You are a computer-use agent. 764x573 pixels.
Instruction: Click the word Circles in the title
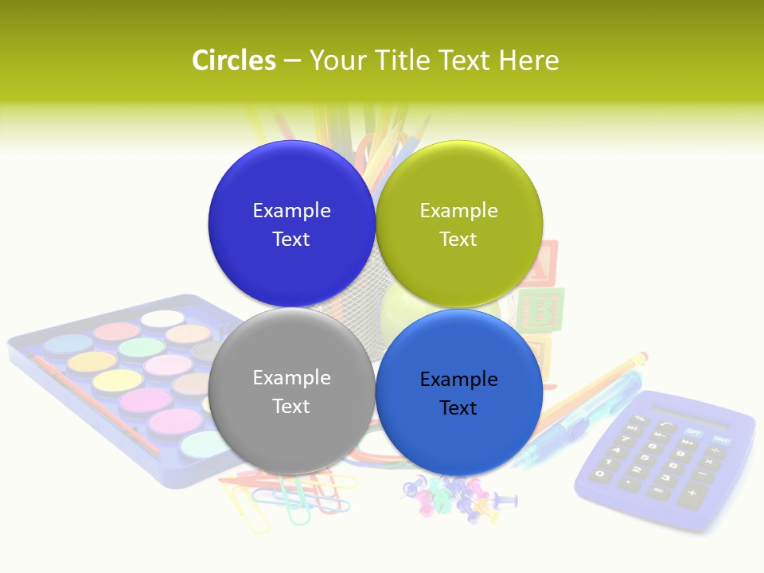click(234, 60)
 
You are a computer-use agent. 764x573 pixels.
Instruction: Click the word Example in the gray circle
click(291, 377)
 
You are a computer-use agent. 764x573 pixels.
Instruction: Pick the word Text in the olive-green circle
click(458, 239)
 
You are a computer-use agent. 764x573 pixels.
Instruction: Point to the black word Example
click(458, 379)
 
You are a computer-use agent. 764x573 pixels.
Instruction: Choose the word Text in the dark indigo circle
click(291, 239)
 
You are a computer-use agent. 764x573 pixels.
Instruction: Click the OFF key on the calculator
click(694, 431)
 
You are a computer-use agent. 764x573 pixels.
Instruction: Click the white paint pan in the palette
click(162, 318)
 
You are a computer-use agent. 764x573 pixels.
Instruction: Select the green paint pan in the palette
click(142, 347)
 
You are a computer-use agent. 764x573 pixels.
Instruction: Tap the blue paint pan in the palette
click(68, 344)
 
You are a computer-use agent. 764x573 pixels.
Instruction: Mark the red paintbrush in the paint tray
click(95, 403)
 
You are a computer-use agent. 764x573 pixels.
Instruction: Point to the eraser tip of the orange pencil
click(641, 357)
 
